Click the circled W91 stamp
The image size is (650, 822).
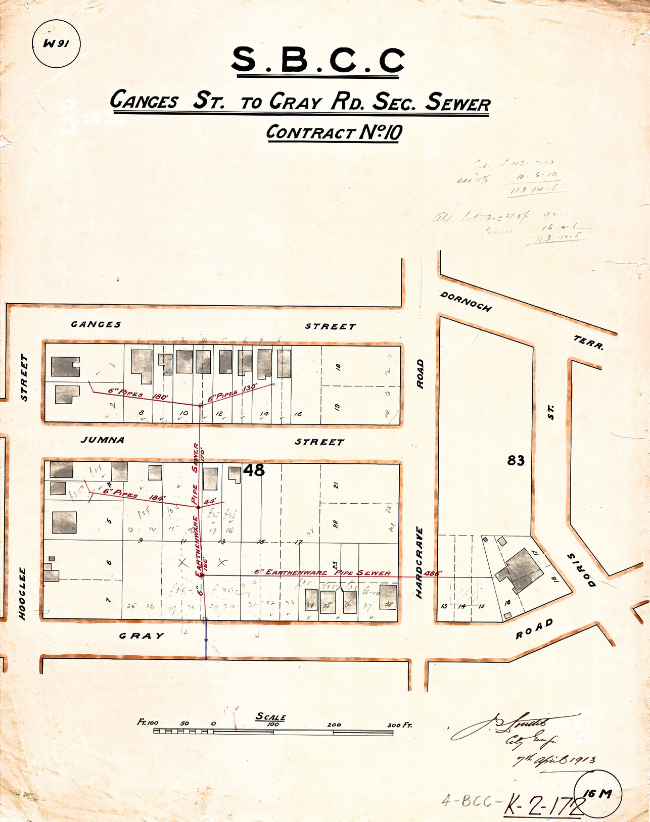[56, 44]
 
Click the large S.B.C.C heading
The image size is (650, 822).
[318, 60]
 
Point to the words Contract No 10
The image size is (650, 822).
[334, 132]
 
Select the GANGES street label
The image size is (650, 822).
[96, 324]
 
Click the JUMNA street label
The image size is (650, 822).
[103, 440]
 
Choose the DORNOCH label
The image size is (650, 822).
[466, 302]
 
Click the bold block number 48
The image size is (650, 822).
[254, 470]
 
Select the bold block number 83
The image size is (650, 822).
[516, 461]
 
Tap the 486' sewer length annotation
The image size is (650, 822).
[434, 573]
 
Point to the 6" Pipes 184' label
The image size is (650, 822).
[134, 495]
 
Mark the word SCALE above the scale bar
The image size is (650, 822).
[270, 716]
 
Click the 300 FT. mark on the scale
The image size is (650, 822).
[400, 725]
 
